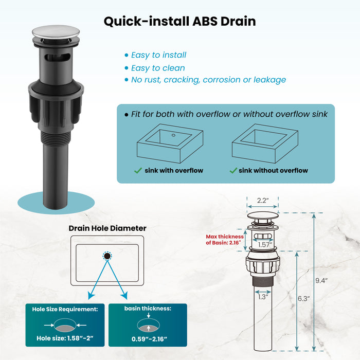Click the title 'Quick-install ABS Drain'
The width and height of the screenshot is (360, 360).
[x=179, y=22]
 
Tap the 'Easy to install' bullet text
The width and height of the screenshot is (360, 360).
[x=158, y=55]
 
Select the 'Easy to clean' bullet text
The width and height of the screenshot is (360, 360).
[x=158, y=68]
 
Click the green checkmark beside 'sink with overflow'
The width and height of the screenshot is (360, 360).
[x=138, y=171]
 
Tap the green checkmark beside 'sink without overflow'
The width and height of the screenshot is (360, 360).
[x=233, y=171]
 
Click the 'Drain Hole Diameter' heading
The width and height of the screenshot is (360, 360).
[x=107, y=228]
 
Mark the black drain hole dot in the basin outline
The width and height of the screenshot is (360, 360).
[x=107, y=255]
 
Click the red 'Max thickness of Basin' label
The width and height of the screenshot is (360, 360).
[x=223, y=240]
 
